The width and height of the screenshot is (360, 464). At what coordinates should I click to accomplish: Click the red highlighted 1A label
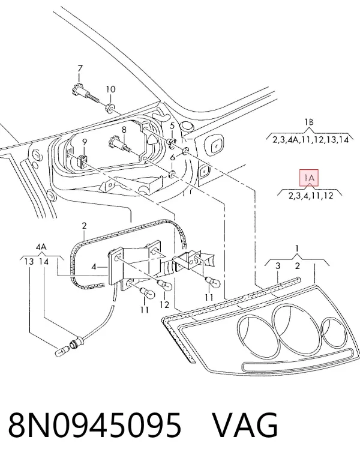coord(309,178)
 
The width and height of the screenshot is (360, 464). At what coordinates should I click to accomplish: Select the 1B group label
coord(309,122)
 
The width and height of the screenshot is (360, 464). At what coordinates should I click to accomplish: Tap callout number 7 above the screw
coord(80,68)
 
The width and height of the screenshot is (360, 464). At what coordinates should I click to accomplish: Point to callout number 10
coord(110,89)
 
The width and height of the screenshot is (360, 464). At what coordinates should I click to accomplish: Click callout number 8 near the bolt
coord(124,130)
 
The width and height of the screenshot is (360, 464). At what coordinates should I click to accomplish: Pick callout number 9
coord(85,142)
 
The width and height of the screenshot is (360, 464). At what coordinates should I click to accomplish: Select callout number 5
coord(172,126)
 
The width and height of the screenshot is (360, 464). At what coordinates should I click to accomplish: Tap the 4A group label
coord(41,247)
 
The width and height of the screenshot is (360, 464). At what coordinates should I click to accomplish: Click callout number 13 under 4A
coord(29,262)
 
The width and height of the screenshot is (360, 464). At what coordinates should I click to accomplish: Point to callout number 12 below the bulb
coord(164,304)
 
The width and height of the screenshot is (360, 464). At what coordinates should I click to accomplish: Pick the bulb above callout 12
coord(164,285)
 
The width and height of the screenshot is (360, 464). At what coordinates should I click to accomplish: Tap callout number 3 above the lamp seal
coord(278,266)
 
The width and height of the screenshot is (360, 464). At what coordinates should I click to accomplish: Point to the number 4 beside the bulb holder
coord(94,267)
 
